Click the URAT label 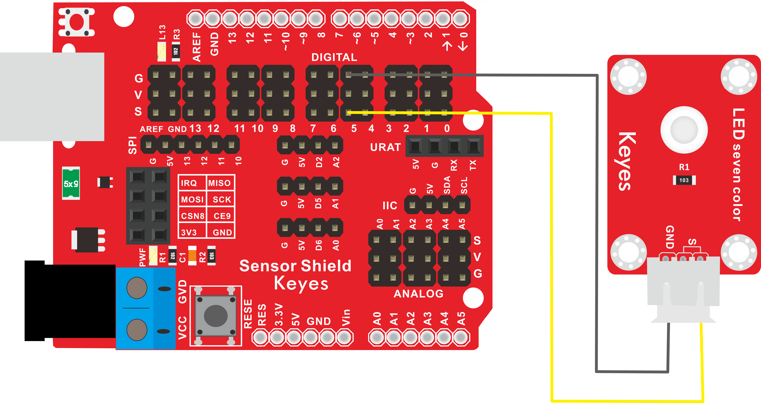(x=386, y=147)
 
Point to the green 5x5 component (x=71, y=183)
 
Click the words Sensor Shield (x=295, y=266)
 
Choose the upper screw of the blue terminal (x=137, y=288)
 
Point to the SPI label (x=133, y=145)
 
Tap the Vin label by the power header (x=346, y=317)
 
